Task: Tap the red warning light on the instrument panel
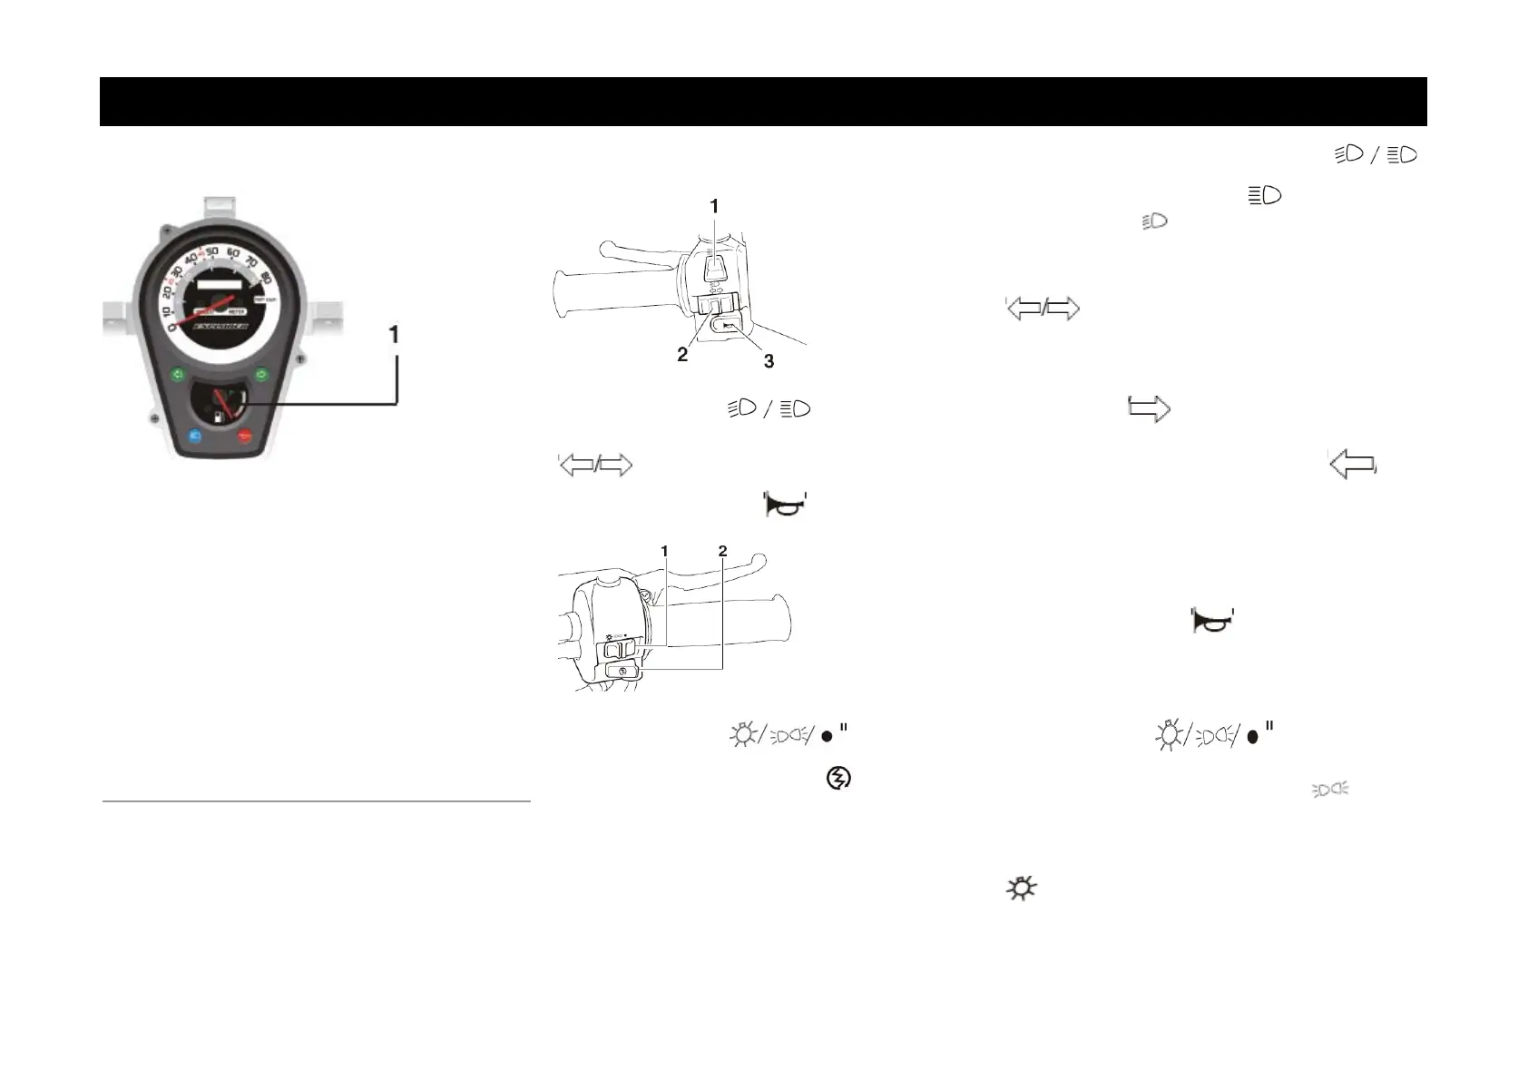[244, 436]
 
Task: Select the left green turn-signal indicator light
[178, 373]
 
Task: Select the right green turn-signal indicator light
[261, 373]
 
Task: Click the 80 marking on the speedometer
[266, 277]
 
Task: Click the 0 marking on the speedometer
[171, 339]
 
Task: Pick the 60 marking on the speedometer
[233, 252]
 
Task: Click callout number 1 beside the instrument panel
[394, 335]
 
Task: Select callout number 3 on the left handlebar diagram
[769, 361]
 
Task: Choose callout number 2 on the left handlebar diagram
[682, 355]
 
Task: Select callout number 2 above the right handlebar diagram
[722, 551]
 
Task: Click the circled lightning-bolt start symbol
[838, 778]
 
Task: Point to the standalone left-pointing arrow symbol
[1352, 464]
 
